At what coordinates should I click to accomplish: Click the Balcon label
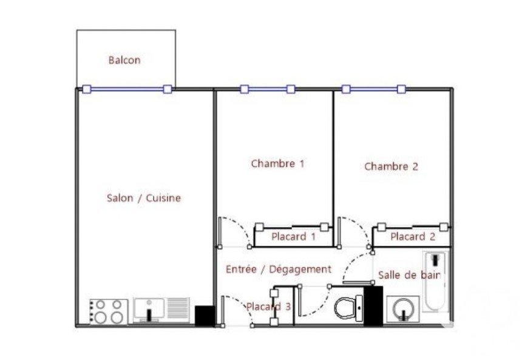tap(124, 60)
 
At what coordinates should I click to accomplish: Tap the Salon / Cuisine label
tap(144, 198)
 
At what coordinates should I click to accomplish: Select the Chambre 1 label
tap(277, 164)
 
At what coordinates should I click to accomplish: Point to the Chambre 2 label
tap(391, 166)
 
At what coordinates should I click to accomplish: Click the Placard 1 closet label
tap(293, 237)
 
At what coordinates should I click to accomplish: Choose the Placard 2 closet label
tap(413, 237)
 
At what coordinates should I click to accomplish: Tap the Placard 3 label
tap(269, 307)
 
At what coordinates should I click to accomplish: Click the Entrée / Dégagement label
tap(279, 269)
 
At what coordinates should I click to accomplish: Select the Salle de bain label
tap(410, 275)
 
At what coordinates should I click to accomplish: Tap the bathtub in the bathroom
tap(435, 282)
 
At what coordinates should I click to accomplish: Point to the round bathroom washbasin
tap(403, 309)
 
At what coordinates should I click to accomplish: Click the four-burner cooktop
tap(109, 311)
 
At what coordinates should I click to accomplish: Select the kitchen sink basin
tap(149, 310)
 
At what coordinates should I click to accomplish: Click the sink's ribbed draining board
tap(178, 308)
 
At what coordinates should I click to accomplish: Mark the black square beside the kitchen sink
tap(205, 316)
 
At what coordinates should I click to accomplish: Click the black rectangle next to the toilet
tap(373, 306)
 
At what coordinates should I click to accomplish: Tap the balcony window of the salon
tap(127, 89)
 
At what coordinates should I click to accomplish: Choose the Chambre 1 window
tap(268, 89)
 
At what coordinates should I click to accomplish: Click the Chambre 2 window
tap(374, 89)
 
